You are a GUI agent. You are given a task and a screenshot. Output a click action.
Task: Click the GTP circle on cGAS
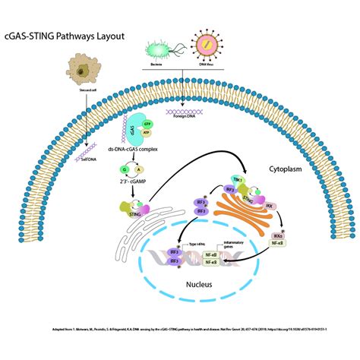158,124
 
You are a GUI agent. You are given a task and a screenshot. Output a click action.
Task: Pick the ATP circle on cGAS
158,134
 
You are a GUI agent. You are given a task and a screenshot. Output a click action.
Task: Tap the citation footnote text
179,331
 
